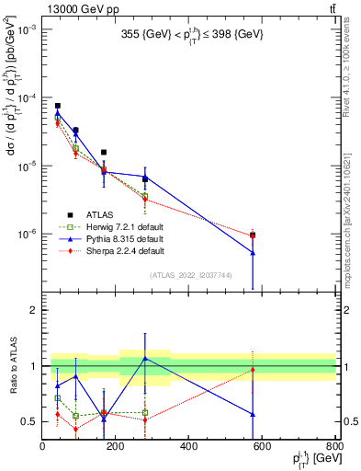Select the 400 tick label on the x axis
[188, 447]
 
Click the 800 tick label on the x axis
[333, 447]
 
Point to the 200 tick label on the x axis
[116, 447]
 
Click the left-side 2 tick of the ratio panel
[35, 310]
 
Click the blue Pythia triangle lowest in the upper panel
[253, 253]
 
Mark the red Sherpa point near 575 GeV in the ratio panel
[253, 370]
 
